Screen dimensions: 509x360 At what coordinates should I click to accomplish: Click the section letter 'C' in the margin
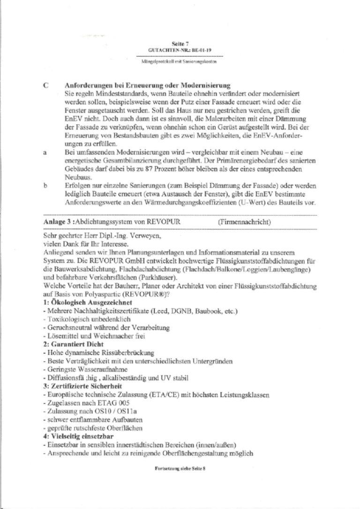pos(45,85)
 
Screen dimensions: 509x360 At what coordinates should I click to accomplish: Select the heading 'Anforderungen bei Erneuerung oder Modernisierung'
pos(147,85)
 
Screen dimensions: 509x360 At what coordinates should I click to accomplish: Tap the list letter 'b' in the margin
pos(45,186)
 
